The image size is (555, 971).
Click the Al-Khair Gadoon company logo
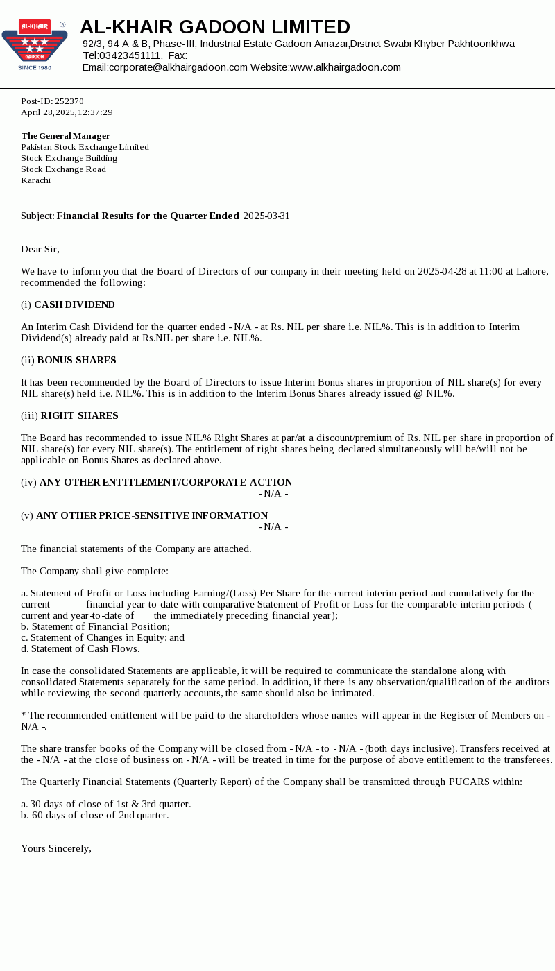coord(35,44)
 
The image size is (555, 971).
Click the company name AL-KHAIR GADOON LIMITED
coord(215,27)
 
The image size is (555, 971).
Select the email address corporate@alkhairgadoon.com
coord(178,67)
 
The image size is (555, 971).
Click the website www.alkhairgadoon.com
coord(345,67)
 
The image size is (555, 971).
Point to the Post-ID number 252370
coord(69,101)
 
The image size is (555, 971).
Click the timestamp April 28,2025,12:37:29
coord(67,112)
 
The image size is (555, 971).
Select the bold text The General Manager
coord(66,136)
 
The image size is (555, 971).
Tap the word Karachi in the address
coord(36,180)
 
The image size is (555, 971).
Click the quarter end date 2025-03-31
coord(266,216)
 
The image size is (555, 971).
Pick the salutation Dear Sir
coord(40,249)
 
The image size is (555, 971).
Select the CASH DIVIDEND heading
coord(74,304)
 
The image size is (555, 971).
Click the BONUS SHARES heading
coord(76,360)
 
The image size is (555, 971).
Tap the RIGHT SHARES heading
coord(79,415)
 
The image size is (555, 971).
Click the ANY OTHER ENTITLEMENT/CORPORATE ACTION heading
coord(166,482)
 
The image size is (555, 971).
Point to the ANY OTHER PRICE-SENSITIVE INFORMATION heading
coord(152,515)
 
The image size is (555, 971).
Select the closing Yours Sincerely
coord(56,848)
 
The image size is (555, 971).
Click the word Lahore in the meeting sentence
coord(531,271)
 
